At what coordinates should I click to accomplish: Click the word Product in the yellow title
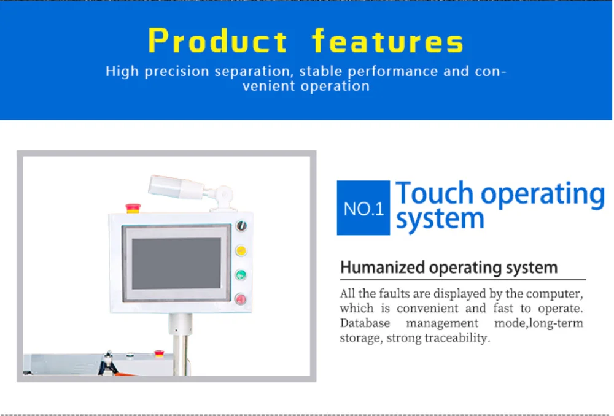[218, 40]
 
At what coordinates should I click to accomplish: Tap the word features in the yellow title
[388, 40]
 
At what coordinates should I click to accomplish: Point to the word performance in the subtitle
[393, 72]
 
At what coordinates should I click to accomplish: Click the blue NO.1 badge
[363, 208]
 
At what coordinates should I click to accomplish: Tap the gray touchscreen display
[176, 263]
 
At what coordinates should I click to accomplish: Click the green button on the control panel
[241, 275]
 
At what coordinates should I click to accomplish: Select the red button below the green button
[241, 299]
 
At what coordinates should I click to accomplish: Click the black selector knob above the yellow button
[241, 226]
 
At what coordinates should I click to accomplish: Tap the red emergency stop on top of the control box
[133, 208]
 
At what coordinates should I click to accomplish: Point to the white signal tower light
[176, 187]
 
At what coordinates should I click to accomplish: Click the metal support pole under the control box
[180, 345]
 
